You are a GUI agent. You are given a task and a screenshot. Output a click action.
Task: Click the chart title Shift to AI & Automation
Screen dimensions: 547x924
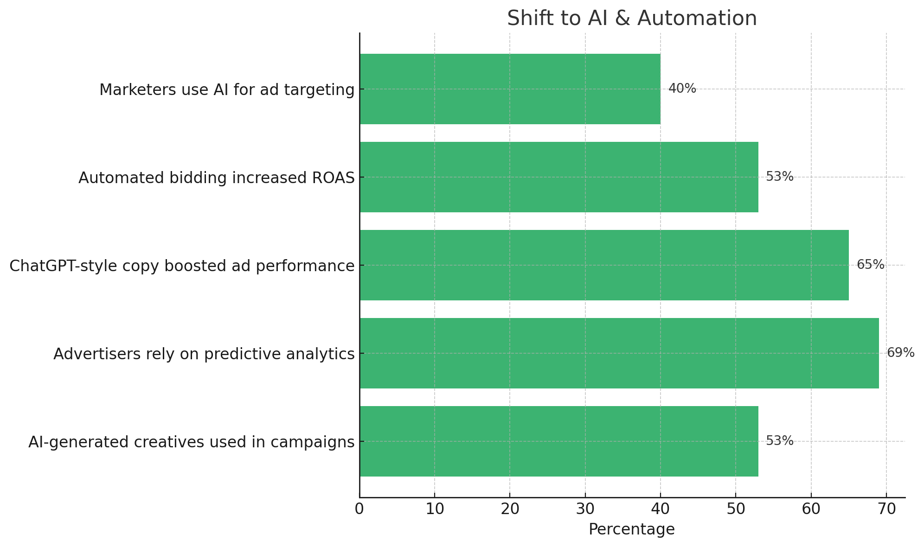coord(632,19)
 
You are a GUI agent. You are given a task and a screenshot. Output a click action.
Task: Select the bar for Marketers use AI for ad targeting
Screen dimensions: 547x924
coord(510,89)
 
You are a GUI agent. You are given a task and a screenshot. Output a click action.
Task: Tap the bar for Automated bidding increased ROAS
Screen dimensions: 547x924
coord(558,177)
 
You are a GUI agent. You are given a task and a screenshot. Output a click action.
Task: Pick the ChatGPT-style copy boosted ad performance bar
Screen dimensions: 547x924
coord(604,265)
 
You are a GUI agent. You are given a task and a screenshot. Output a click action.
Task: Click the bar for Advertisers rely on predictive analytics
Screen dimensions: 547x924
coord(619,353)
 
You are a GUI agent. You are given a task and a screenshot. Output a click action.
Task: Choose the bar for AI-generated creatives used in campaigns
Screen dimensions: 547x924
coord(558,441)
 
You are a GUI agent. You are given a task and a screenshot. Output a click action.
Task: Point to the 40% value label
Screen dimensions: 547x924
coord(682,89)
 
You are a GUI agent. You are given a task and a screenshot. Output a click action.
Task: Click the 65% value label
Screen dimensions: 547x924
coord(870,265)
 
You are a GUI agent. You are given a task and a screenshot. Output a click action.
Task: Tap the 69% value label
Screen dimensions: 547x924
coord(900,353)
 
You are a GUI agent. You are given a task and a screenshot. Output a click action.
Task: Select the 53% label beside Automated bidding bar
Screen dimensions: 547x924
coord(779,177)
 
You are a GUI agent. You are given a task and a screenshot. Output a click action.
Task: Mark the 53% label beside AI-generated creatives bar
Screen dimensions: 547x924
coord(779,441)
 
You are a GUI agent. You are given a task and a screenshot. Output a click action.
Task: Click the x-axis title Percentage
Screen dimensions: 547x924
coord(631,529)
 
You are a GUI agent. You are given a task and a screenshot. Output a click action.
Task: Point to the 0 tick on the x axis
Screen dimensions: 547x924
coord(359,509)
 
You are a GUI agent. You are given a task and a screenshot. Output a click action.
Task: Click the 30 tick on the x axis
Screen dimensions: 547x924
coord(585,509)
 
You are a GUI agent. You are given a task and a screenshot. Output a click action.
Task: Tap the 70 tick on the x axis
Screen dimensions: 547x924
coord(886,509)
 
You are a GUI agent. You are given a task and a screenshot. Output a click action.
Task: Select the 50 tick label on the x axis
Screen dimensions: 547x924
coord(736,509)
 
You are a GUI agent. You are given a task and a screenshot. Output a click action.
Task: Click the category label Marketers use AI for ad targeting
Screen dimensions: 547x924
coord(227,90)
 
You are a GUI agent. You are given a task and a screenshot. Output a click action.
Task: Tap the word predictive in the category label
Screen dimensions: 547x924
coord(244,354)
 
